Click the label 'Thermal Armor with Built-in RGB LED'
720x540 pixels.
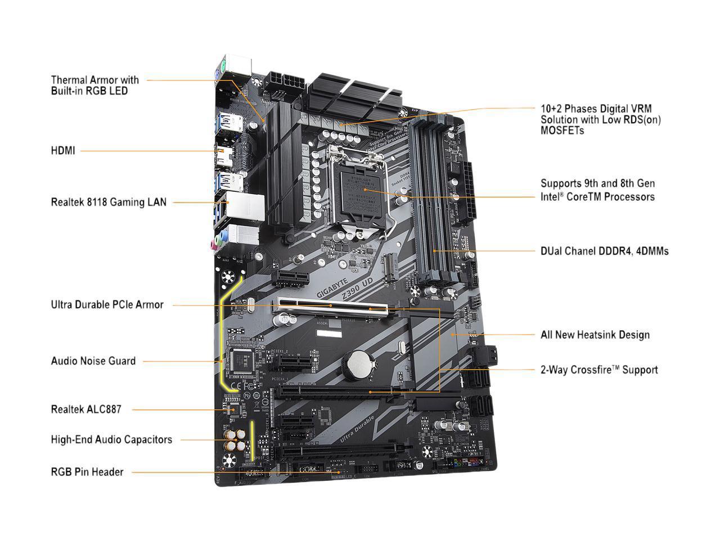point(94,85)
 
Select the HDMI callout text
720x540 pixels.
point(62,151)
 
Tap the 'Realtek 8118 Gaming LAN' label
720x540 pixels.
point(109,201)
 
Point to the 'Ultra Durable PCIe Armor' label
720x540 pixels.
point(107,304)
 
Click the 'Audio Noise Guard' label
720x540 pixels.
point(93,361)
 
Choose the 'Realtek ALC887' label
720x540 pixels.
point(85,409)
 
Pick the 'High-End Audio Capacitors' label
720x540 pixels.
point(111,439)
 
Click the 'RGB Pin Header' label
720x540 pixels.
point(87,472)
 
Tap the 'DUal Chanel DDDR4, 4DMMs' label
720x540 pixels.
point(604,251)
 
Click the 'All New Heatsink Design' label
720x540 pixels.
point(595,335)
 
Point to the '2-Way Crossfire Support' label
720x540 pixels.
point(598,370)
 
